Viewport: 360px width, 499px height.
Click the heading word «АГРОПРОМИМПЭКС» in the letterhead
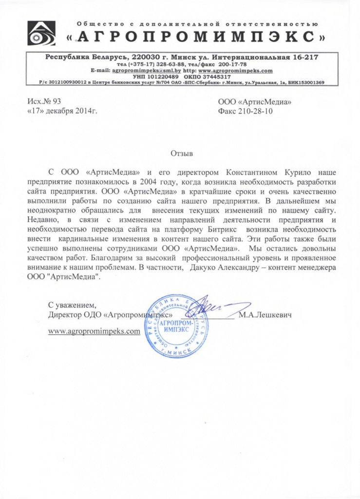(x=195, y=36)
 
